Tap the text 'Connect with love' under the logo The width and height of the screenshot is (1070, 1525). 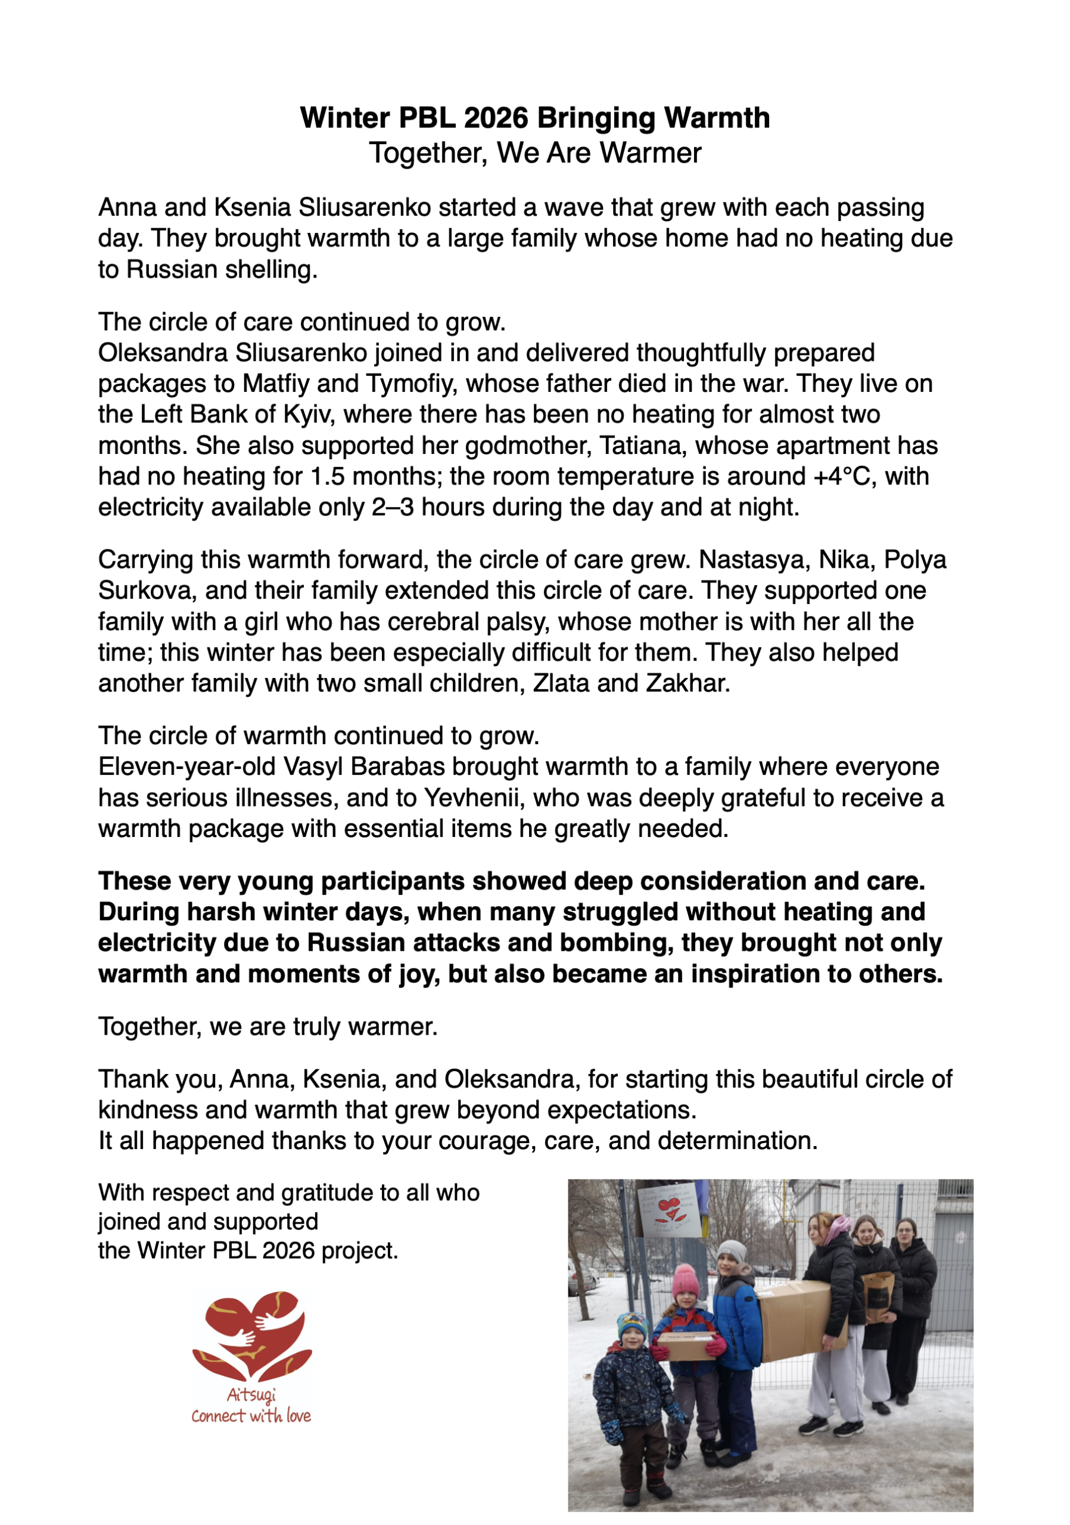pyautogui.click(x=251, y=1416)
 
